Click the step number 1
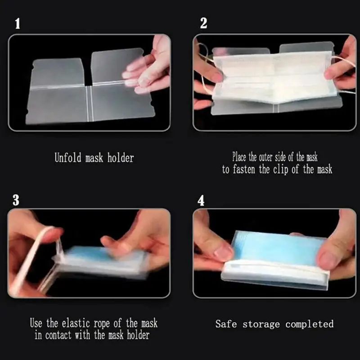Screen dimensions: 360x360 point(18,24)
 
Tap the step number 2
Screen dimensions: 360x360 point(204,23)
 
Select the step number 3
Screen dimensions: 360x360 point(16,200)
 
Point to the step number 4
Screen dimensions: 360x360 point(201,201)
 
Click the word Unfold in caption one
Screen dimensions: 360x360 point(68,157)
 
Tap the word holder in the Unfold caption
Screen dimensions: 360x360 point(121,158)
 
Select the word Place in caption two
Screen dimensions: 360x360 point(239,157)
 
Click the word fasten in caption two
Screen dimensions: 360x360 point(244,170)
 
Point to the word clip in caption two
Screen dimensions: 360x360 point(280,170)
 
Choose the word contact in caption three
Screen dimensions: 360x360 point(58,335)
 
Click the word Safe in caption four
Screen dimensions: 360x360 point(226,324)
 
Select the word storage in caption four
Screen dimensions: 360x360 point(261,324)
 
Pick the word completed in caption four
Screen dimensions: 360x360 point(310,324)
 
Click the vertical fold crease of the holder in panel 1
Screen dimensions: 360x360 point(90,103)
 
